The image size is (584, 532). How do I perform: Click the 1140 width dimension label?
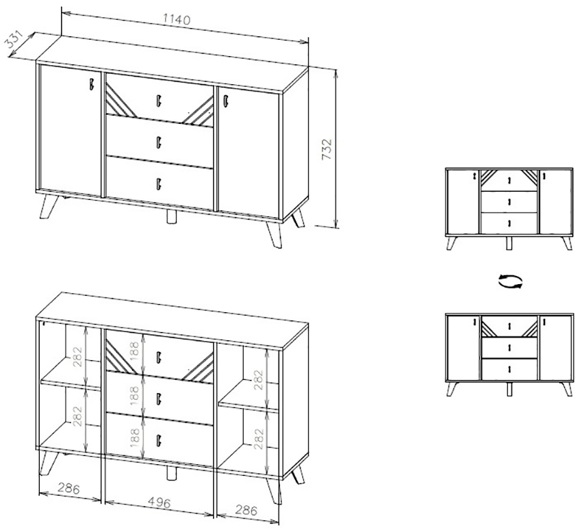176,19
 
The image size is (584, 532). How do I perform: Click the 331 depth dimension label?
14,40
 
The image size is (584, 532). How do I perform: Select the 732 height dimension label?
327,149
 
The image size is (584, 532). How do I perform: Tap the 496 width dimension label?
159,503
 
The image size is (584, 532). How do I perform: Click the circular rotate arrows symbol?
510,281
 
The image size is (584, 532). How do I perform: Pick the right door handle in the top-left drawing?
226,102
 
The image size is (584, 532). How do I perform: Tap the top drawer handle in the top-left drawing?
159,101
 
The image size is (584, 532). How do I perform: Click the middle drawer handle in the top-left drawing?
159,142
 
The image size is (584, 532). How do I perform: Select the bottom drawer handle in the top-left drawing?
159,183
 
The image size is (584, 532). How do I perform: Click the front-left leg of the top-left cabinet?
49,206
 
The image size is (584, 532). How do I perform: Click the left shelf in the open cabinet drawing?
71,381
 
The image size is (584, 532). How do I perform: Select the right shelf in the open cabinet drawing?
249,401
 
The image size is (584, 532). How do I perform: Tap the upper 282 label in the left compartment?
77,357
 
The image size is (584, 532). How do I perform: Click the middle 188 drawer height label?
134,395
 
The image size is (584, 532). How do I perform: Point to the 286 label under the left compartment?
68,488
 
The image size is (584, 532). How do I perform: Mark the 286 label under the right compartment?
246,509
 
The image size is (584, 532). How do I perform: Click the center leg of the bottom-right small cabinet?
509,389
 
